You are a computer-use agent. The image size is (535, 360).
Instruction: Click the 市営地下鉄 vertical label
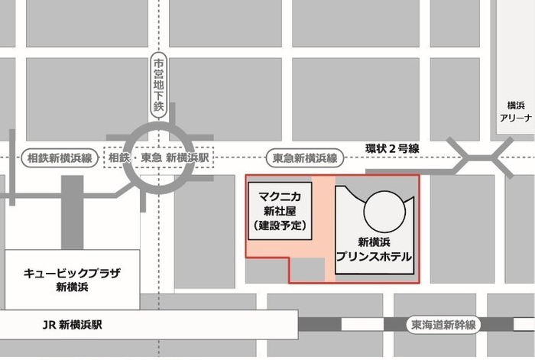(x=158, y=85)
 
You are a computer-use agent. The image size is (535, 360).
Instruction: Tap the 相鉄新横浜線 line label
(x=57, y=158)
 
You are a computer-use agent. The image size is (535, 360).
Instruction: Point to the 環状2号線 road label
(x=392, y=148)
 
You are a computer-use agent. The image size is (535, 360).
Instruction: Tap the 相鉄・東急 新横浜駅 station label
(x=159, y=158)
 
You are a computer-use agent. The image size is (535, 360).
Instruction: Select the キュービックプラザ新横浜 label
(x=73, y=280)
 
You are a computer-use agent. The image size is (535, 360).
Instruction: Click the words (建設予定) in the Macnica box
(x=279, y=226)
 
